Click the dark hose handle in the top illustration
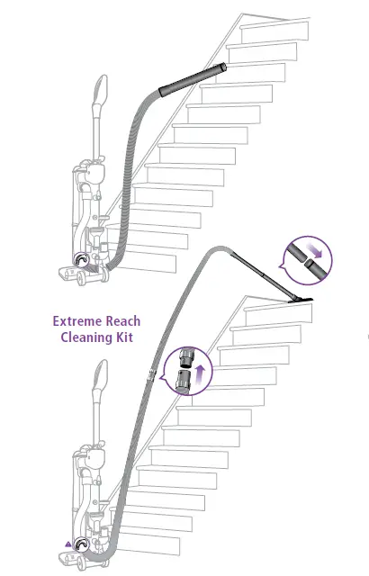click(192, 77)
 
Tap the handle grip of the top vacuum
click(99, 93)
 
